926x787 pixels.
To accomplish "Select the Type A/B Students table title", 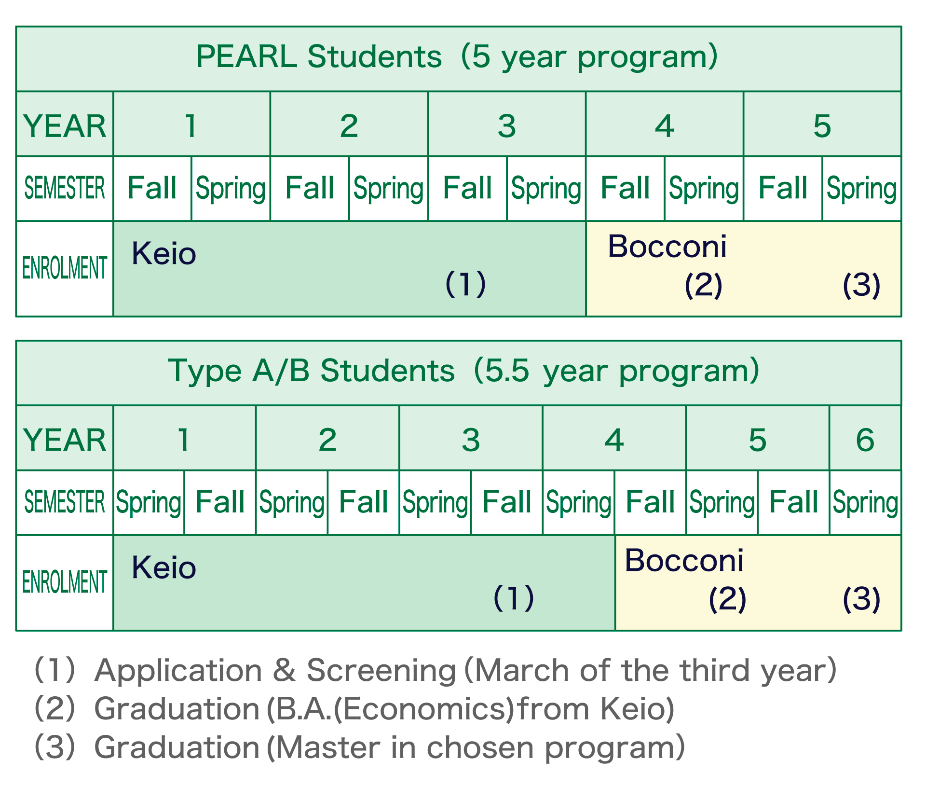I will click(x=463, y=371).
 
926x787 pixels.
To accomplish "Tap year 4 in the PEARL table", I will click(x=664, y=126).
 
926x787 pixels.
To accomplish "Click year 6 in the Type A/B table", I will click(x=865, y=440).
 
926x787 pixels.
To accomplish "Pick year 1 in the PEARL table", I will click(x=191, y=126).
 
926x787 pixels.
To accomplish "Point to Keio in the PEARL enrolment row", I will click(x=164, y=254).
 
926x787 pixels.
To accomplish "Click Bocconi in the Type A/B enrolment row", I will click(x=684, y=561).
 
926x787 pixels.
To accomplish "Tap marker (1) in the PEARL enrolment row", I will click(x=465, y=284).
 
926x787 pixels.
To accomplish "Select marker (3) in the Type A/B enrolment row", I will click(x=861, y=599).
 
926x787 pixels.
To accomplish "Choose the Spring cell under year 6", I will click(x=865, y=503).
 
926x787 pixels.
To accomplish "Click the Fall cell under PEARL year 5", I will click(x=782, y=188).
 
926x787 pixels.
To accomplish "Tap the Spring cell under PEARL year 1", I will click(x=231, y=189).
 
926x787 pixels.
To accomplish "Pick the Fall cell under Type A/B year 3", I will click(x=506, y=502).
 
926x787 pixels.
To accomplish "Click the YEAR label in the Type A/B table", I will click(x=65, y=440).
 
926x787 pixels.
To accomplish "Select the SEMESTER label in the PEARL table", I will click(x=65, y=188).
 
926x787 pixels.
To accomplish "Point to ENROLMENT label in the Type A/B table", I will click(x=65, y=582).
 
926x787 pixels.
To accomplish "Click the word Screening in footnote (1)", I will click(x=381, y=670).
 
